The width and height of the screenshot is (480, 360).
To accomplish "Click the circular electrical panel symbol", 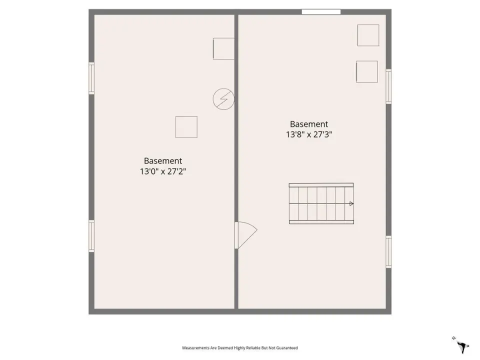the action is (223, 99).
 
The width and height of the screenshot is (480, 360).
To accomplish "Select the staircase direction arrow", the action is (351, 203).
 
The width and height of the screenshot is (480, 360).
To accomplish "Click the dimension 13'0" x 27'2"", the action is (163, 171).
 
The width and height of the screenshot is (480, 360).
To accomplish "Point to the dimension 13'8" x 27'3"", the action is (309, 134).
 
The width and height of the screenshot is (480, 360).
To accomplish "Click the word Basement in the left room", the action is (163, 160).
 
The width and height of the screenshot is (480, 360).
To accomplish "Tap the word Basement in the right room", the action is (309, 124).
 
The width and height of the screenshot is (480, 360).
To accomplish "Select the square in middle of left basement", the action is (186, 127).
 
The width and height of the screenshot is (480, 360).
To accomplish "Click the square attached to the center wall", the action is (224, 48).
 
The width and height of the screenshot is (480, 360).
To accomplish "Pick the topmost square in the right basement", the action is (368, 35).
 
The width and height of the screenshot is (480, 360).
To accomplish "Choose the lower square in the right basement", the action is (367, 71).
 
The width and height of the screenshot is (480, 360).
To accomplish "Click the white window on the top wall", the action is (321, 12).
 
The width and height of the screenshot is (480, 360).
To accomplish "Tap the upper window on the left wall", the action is (91, 78).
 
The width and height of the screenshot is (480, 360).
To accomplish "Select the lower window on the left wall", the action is (91, 236).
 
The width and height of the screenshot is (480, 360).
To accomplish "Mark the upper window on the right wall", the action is (388, 86).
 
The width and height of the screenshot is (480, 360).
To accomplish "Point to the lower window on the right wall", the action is (388, 252).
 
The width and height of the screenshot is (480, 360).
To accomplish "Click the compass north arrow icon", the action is (461, 345).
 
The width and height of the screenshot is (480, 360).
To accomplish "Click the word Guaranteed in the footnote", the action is (287, 348).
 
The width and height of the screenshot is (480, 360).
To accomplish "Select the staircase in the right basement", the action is (321, 203).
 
